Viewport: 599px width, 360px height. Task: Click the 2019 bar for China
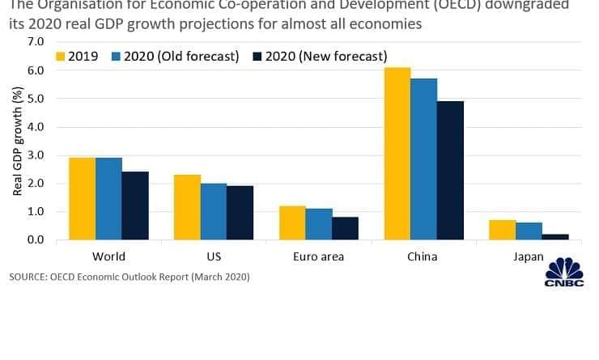397,154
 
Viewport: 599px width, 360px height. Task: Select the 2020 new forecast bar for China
450,171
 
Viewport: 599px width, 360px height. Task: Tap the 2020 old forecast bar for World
108,199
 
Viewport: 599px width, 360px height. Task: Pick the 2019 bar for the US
187,207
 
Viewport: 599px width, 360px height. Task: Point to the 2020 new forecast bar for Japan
555,237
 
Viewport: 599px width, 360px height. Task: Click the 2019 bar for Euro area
292,223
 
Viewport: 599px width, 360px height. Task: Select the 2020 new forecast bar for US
240,213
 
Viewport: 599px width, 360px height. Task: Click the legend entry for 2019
79,57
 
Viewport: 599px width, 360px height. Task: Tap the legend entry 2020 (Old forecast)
174,57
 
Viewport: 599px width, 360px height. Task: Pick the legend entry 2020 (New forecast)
320,57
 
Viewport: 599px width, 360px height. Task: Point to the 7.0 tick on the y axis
35,42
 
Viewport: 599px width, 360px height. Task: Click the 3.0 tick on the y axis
35,155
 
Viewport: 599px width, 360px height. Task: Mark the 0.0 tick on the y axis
35,240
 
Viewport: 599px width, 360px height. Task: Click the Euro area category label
319,256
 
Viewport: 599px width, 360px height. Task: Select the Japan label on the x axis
529,256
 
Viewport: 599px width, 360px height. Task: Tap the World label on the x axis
108,256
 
